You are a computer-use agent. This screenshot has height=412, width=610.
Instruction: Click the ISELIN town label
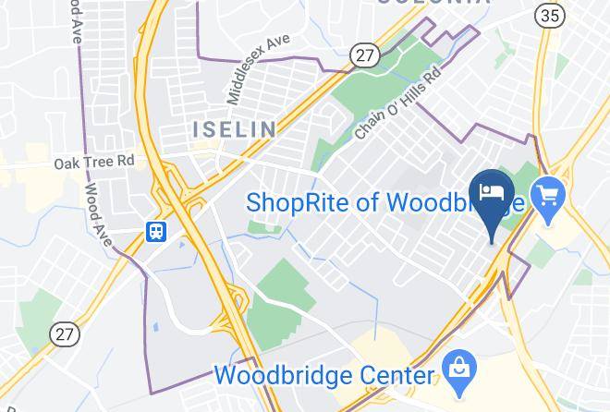pos(233,128)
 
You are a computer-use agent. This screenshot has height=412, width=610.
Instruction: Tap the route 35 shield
pos(549,16)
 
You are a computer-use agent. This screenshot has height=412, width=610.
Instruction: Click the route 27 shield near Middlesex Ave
pos(364,55)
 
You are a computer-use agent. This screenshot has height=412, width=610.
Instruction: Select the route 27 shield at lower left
pos(64,333)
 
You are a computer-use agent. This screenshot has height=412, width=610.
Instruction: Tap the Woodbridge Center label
pos(323,376)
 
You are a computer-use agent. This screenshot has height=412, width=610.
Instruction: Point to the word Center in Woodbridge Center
pos(396,376)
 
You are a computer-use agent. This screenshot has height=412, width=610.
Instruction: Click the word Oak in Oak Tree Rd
pos(67,162)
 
